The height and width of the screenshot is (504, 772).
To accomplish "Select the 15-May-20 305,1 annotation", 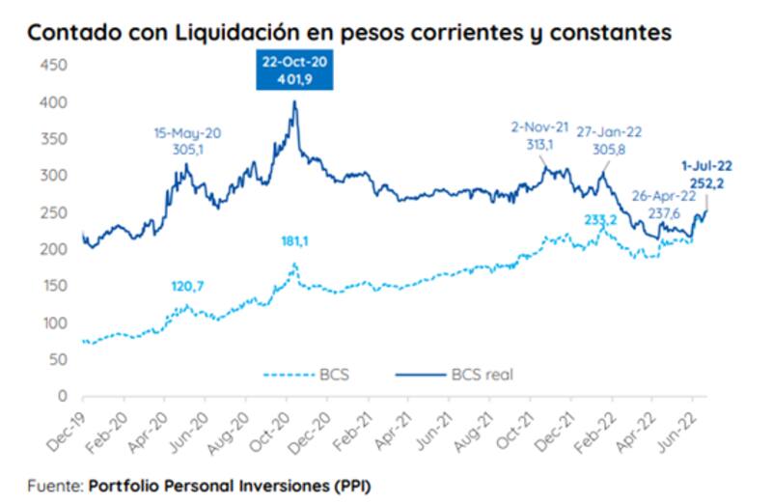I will (x=187, y=139).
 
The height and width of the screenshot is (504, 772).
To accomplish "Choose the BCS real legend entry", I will (x=455, y=375).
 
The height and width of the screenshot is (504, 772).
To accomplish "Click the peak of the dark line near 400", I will (x=293, y=101).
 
